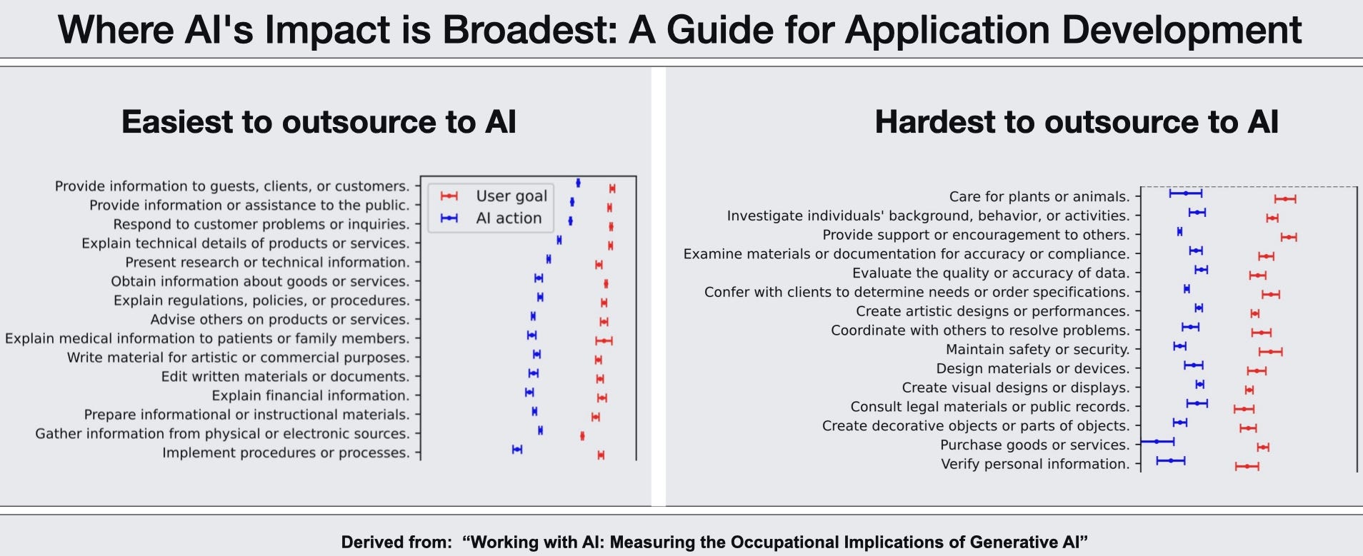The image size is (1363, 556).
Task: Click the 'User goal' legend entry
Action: click(x=511, y=196)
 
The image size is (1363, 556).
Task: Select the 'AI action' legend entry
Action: click(x=509, y=218)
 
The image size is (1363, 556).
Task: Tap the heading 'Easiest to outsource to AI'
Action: click(x=319, y=122)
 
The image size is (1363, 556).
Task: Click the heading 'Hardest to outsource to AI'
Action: click(x=1077, y=122)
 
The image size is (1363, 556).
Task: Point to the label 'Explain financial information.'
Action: click(x=311, y=395)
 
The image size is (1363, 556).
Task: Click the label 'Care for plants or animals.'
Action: click(x=1039, y=196)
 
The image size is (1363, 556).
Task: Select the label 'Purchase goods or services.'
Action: click(x=1035, y=445)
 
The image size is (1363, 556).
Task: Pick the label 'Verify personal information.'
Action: click(x=1035, y=464)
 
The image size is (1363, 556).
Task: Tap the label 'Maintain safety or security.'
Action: click(x=1038, y=349)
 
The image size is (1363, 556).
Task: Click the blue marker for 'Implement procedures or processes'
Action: click(x=517, y=449)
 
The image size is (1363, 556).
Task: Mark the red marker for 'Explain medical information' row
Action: click(x=604, y=341)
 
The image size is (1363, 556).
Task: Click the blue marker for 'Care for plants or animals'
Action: click(x=1186, y=193)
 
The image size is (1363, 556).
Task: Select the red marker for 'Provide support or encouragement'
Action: click(x=1289, y=237)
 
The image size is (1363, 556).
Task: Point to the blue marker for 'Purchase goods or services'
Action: click(x=1157, y=442)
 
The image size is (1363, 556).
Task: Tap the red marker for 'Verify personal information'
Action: click(x=1247, y=467)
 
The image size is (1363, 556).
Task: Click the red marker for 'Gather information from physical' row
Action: click(x=582, y=436)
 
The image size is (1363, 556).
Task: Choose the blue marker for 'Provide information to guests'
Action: click(x=578, y=183)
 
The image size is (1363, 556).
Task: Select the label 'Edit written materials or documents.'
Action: click(x=285, y=376)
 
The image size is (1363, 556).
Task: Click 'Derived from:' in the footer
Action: click(x=396, y=542)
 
